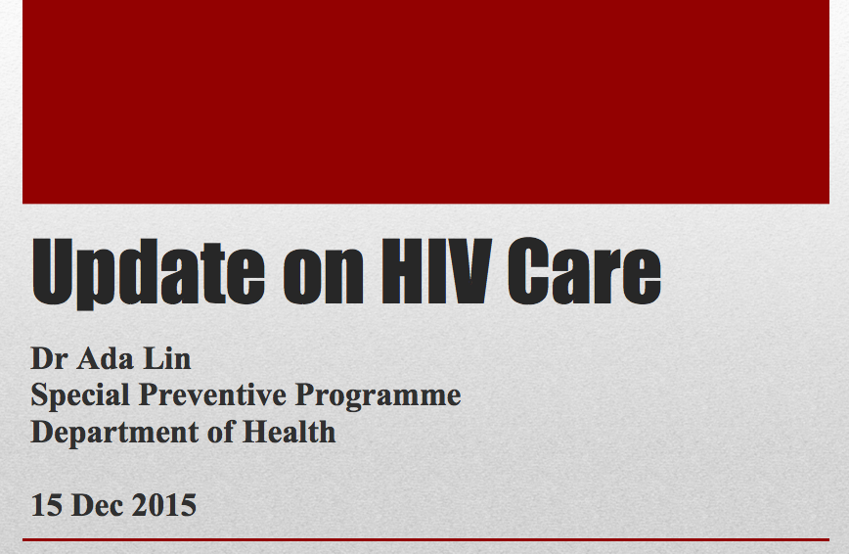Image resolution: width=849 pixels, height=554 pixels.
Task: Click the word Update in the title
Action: pyautogui.click(x=148, y=274)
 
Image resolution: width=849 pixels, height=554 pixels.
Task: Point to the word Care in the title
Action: pyautogui.click(x=585, y=270)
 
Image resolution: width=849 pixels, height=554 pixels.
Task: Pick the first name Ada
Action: pyautogui.click(x=105, y=358)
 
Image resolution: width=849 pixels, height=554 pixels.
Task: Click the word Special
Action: pyautogui.click(x=80, y=395)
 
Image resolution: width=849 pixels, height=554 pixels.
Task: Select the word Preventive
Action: pyautogui.click(x=213, y=394)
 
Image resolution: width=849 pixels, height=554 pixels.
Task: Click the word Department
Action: pyautogui.click(x=114, y=433)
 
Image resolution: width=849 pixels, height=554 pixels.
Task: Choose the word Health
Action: pyautogui.click(x=290, y=432)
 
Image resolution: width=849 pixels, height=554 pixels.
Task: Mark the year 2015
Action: pyautogui.click(x=164, y=505)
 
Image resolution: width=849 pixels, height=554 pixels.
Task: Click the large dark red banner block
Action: pyautogui.click(x=425, y=102)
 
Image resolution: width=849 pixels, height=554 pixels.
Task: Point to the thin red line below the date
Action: pyautogui.click(x=425, y=540)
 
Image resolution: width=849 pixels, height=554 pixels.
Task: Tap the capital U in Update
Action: pyautogui.click(x=52, y=271)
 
